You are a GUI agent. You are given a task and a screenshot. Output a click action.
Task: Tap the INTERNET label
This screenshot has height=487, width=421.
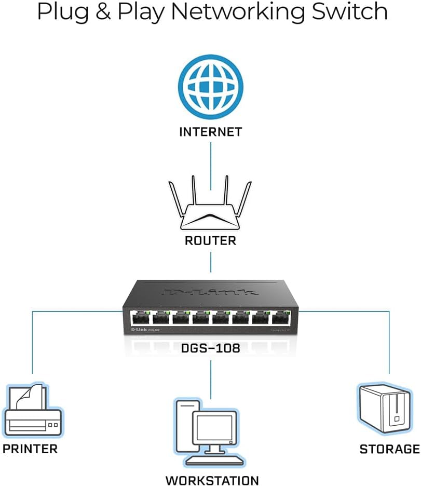(210, 132)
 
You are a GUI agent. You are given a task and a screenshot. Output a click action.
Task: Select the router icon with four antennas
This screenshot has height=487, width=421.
(210, 208)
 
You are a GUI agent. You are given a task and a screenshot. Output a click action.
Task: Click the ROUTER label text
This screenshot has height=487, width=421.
(210, 241)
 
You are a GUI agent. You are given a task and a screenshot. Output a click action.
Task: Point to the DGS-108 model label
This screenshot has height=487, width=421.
(210, 348)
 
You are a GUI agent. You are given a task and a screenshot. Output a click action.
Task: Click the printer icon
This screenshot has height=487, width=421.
(33, 410)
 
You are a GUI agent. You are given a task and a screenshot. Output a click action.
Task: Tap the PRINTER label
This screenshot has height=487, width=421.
(30, 449)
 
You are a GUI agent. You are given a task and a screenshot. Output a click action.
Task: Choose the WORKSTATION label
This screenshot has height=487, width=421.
(212, 480)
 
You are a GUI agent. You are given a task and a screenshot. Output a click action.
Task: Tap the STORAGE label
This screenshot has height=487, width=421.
(389, 449)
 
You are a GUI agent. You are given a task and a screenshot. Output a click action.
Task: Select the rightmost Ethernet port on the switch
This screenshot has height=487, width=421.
(280, 318)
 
